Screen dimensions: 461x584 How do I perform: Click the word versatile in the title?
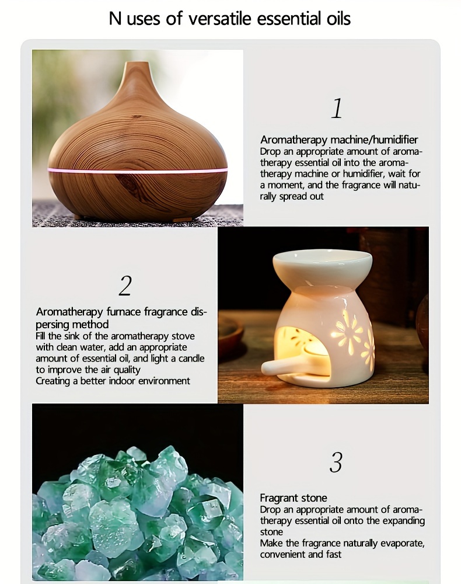(x=220, y=19)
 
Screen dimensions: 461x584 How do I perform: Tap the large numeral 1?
(x=337, y=109)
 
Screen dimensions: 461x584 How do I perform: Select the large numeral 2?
(x=125, y=286)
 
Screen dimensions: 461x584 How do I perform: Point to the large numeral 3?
(x=336, y=462)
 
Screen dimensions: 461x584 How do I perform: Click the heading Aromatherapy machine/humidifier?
(x=339, y=140)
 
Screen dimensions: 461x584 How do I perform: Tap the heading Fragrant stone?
(x=293, y=498)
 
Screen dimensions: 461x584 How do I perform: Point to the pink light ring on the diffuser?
(x=137, y=171)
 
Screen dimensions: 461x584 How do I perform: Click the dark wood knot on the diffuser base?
(x=131, y=182)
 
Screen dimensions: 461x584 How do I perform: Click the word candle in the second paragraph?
(x=191, y=359)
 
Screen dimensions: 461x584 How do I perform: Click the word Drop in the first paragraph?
(x=270, y=152)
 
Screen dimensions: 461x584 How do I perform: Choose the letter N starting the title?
(x=116, y=19)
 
